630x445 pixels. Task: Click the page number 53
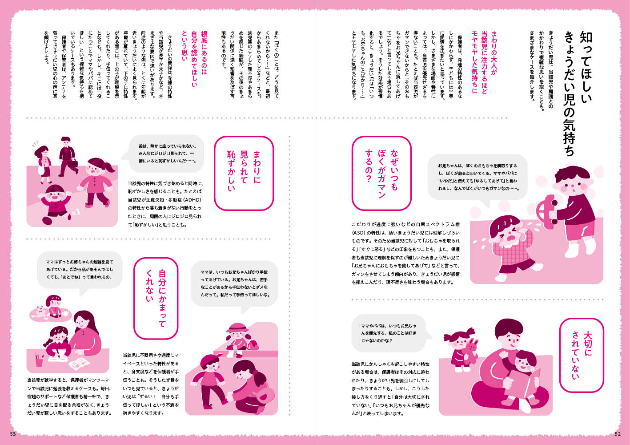coord(13,434)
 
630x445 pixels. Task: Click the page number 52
coord(618,434)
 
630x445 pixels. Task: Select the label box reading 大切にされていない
coord(582,355)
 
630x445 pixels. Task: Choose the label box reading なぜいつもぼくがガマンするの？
coord(381,173)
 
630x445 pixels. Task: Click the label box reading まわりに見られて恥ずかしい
coord(244,173)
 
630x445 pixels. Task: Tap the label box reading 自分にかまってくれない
coord(156,298)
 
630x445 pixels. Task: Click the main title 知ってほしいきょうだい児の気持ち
coord(578,93)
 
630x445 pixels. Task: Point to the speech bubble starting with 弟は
coord(166,154)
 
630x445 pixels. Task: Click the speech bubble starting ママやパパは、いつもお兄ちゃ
coord(391,333)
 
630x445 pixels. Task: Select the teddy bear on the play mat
coord(40,310)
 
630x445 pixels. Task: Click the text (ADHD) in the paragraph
coord(193,200)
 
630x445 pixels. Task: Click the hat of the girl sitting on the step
coord(237,327)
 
